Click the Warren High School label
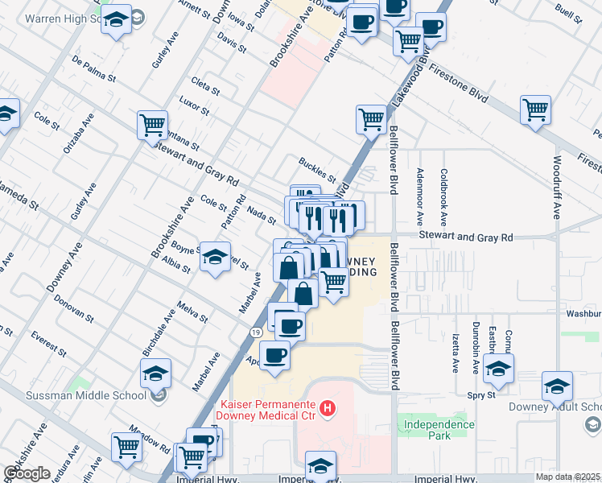pyautogui.click(x=47, y=16)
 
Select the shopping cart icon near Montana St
pyautogui.click(x=152, y=126)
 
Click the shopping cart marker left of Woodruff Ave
pyautogui.click(x=535, y=109)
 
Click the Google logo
pyautogui.click(x=27, y=473)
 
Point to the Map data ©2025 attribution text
pyautogui.click(x=568, y=477)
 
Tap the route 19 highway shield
pyautogui.click(x=254, y=331)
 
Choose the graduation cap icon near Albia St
pyautogui.click(x=215, y=257)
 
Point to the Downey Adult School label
pyautogui.click(x=556, y=406)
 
